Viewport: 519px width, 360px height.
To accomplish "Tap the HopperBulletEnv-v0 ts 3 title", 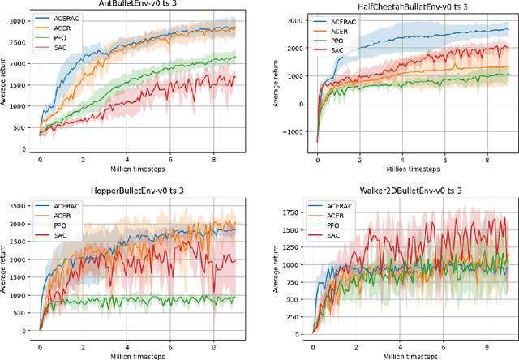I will click(x=135, y=188).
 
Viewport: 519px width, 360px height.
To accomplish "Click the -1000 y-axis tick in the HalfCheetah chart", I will click(x=288, y=131).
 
